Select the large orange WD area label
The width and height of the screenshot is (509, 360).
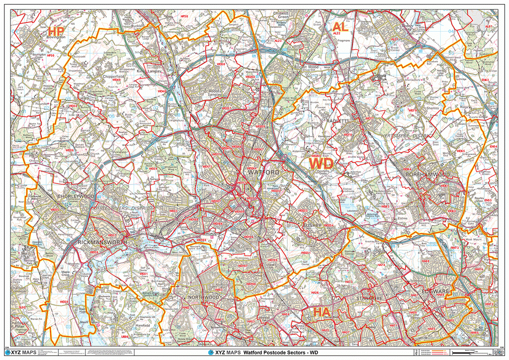tap(322, 164)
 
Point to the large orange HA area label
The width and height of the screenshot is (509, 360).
tap(321, 312)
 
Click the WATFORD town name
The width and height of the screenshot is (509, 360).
tap(263, 172)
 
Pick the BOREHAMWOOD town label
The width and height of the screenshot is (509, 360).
tap(427, 175)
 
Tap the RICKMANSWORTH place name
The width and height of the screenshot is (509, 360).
tap(102, 242)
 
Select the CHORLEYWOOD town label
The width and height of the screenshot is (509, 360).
tap(76, 196)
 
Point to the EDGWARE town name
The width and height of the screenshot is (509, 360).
tap(435, 290)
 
